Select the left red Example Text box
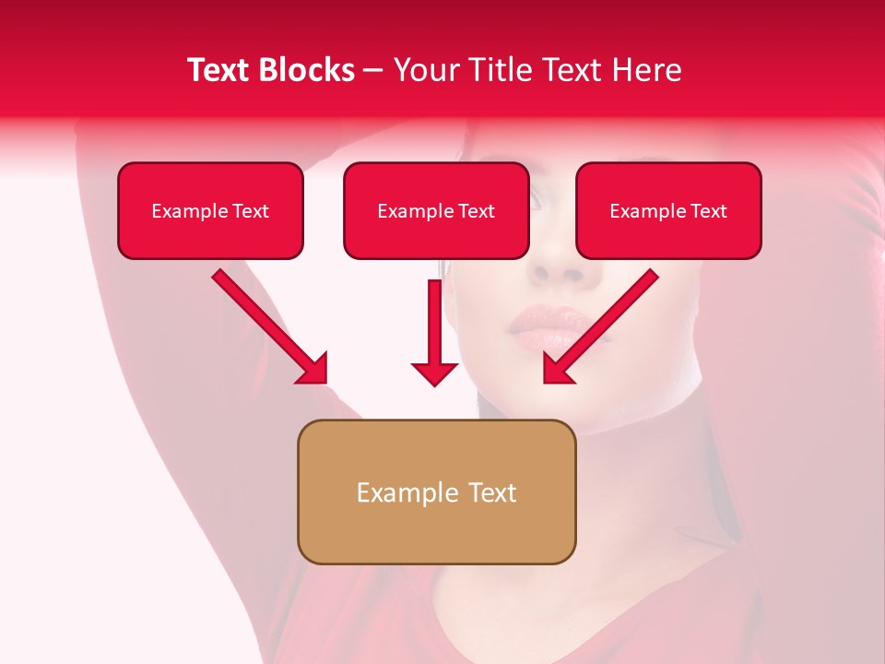coord(210,211)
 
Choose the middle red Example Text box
coord(436,211)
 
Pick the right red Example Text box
coord(668,211)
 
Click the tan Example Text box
coord(436,492)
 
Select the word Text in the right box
coord(709,211)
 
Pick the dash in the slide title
coord(373,71)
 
